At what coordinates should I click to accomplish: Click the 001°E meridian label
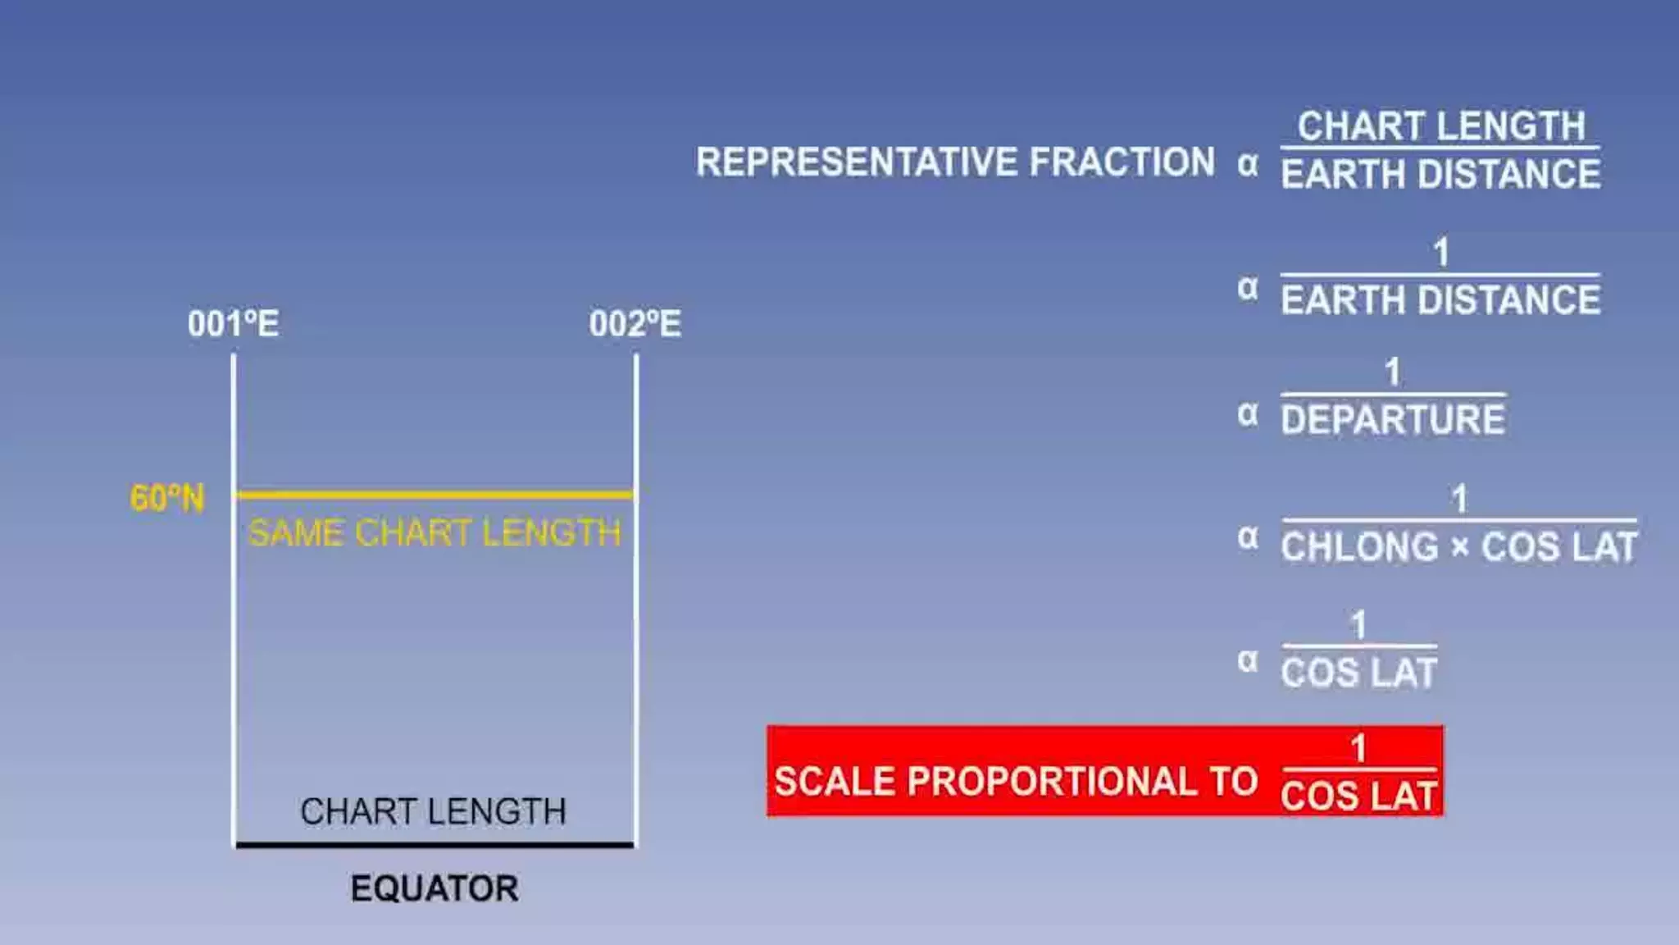coord(233,324)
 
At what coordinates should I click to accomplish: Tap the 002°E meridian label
coord(635,324)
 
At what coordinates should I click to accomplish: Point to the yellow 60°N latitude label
coord(167,498)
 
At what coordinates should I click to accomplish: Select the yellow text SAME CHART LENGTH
coord(435,533)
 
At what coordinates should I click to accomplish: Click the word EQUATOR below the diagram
coord(435,888)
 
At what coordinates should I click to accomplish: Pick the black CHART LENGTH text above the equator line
coord(433,811)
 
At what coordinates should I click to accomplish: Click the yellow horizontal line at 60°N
coord(435,495)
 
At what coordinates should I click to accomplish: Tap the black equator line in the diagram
coord(435,844)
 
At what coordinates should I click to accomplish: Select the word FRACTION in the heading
coord(1122,162)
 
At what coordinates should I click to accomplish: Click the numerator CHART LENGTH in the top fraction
coord(1440,126)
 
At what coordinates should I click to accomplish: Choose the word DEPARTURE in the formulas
coord(1393,420)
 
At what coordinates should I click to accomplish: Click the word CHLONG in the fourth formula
coord(1359,547)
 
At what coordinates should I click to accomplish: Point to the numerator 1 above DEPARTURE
coord(1392,372)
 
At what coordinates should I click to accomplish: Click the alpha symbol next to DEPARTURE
coord(1248,414)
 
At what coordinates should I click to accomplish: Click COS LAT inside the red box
coord(1358,796)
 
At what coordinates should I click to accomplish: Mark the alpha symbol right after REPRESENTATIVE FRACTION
coord(1248,164)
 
